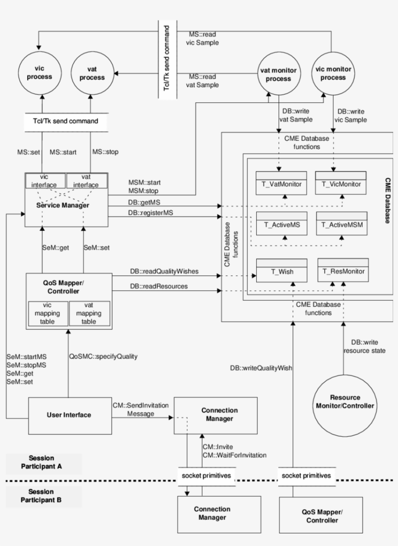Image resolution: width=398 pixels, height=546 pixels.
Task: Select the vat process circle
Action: click(x=92, y=74)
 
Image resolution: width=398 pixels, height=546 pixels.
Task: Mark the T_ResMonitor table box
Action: click(x=341, y=270)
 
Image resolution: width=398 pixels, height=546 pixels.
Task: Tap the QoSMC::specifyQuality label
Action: click(x=103, y=356)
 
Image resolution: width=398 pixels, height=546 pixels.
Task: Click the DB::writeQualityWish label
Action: click(x=261, y=368)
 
